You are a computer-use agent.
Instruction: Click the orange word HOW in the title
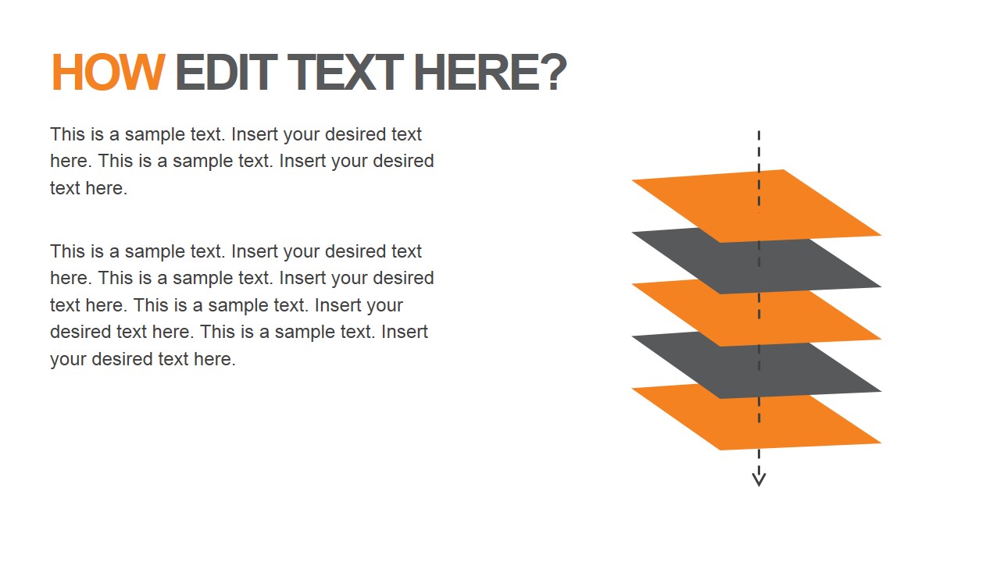107,73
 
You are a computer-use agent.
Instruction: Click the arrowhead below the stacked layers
759,478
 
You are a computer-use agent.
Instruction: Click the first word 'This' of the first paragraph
67,134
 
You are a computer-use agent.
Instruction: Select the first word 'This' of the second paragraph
67,251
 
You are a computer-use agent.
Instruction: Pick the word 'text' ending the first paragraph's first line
406,134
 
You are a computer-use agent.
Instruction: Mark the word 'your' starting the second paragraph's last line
68,359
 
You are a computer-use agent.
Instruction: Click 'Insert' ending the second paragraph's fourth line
405,332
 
